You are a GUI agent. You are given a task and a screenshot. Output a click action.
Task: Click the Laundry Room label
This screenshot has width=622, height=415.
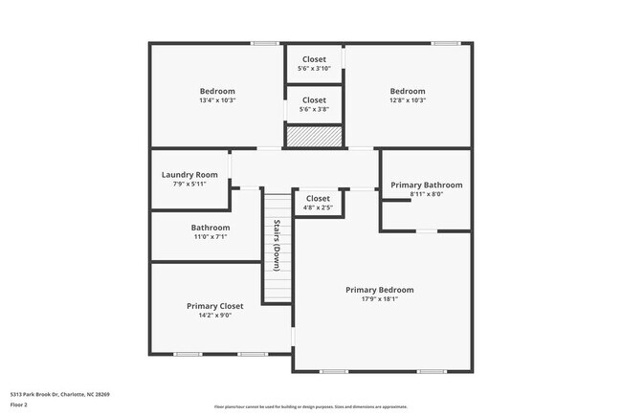(x=189, y=175)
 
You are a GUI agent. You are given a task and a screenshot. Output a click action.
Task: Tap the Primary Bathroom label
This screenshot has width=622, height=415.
(x=426, y=185)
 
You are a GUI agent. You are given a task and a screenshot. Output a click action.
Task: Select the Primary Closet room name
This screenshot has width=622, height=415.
(x=214, y=306)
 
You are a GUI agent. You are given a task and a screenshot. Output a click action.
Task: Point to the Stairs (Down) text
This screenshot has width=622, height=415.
(x=277, y=245)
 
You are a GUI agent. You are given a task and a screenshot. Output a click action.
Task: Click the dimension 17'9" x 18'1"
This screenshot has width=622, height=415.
(x=380, y=299)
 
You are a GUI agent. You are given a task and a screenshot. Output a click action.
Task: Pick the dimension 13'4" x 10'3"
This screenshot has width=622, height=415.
(x=217, y=100)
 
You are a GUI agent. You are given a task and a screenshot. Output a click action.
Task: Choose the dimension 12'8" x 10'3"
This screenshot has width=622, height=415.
(x=408, y=100)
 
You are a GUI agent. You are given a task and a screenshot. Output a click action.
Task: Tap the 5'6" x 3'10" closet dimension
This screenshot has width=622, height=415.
(x=314, y=69)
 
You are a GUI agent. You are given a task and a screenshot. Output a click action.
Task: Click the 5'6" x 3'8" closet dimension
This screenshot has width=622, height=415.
(x=314, y=109)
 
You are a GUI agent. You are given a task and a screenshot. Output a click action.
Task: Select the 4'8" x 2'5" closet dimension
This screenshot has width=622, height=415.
(x=318, y=207)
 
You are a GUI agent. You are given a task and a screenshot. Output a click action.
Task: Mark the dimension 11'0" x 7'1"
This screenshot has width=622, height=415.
(x=210, y=237)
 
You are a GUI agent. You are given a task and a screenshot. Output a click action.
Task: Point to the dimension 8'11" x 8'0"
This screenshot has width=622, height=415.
(x=426, y=194)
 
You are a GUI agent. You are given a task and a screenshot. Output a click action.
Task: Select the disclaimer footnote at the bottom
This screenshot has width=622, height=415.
(x=310, y=406)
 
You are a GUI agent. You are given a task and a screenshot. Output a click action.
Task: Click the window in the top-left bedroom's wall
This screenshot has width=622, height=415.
(x=264, y=43)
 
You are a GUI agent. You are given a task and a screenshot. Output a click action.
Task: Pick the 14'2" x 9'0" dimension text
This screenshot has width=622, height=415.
(x=214, y=316)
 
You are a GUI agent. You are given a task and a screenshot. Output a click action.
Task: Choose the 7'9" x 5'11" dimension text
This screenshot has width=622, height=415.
(x=189, y=185)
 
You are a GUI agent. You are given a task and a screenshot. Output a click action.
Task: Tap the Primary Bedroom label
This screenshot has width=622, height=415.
(x=380, y=290)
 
